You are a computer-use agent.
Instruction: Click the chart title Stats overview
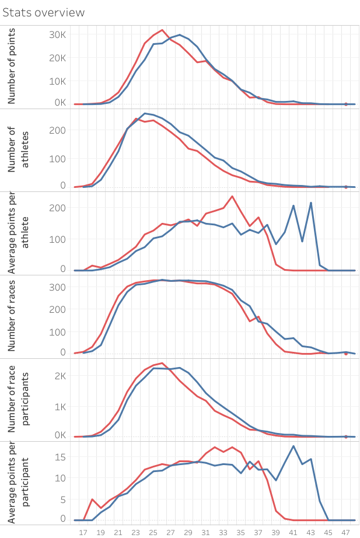pos(44,12)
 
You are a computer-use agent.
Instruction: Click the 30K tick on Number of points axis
pos(57,34)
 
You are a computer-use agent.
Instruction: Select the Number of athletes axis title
pos(17,149)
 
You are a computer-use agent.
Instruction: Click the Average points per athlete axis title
pos(17,233)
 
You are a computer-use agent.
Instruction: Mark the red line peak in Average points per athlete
pos(232,196)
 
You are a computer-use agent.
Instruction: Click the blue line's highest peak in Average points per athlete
pos(311,202)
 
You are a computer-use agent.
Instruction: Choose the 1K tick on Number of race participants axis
pos(58,406)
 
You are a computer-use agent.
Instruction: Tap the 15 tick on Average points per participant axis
pos(61,456)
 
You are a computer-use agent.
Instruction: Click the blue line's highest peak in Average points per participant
pos(293,446)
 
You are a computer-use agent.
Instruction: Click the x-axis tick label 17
pos(83,532)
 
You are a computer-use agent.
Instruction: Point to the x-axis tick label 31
pos(205,532)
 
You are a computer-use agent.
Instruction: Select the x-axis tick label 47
pos(345,532)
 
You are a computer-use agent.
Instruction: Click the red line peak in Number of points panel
pos(162,30)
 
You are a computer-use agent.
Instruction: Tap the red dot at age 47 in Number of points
pos(346,104)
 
